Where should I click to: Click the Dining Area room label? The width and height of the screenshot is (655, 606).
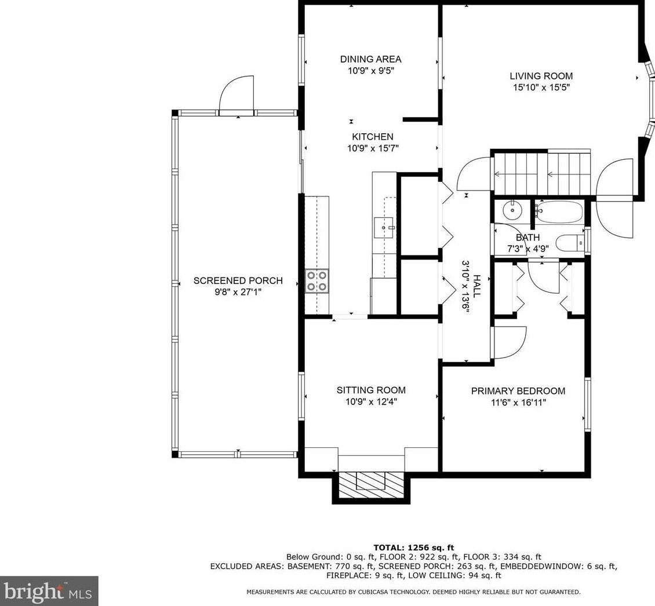370,59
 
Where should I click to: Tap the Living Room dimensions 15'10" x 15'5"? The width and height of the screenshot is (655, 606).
541,88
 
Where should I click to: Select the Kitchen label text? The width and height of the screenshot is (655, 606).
372,137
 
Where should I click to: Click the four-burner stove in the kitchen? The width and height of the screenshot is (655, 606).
316,281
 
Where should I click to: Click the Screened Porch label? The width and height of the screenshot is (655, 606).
238,281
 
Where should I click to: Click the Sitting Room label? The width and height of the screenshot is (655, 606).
371,390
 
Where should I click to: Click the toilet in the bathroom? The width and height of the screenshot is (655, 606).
570,243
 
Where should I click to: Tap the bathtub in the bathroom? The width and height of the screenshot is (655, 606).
559,212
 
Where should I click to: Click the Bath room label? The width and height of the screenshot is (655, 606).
527,238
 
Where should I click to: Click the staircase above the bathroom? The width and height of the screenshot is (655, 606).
540,172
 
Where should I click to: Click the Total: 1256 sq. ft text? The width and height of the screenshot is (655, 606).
413,547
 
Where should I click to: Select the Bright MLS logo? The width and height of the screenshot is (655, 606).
49,591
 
